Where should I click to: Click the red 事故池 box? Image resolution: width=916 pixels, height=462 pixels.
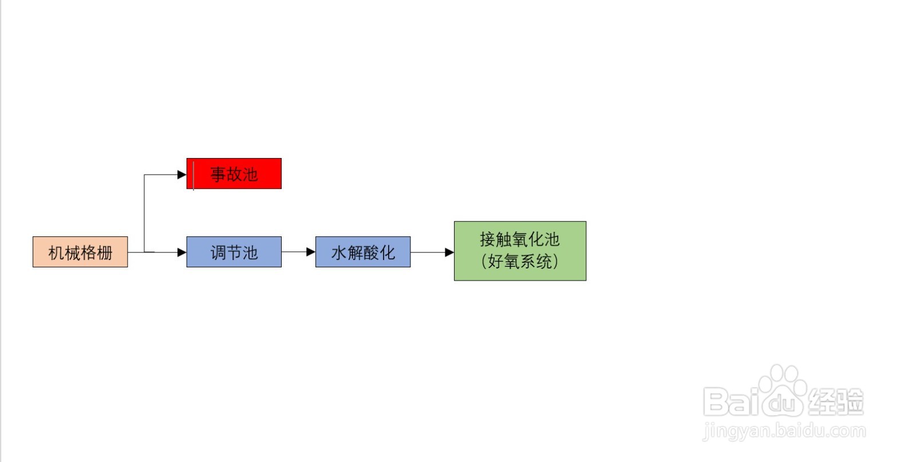pyautogui.click(x=234, y=174)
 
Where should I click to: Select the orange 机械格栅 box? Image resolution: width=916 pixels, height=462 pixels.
pyautogui.click(x=80, y=252)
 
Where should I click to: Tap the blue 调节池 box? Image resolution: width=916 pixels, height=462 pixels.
pyautogui.click(x=234, y=252)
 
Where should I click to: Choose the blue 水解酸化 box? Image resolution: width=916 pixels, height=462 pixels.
pyautogui.click(x=363, y=252)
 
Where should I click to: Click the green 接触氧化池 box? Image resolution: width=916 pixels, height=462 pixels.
pyautogui.click(x=520, y=251)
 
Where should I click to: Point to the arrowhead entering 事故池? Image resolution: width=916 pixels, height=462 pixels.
pyautogui.click(x=182, y=175)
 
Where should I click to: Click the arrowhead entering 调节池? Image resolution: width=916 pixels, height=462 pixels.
pyautogui.click(x=182, y=252)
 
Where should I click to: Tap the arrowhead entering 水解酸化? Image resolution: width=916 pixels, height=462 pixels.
pyautogui.click(x=311, y=252)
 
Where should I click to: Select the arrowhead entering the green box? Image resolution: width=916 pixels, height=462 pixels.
pyautogui.click(x=449, y=252)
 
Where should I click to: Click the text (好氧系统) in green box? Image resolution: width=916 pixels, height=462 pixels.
pyautogui.click(x=520, y=261)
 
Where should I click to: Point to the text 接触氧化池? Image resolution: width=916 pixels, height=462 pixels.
pyautogui.click(x=520, y=239)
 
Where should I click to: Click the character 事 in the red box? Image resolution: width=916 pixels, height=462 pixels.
pyautogui.click(x=218, y=174)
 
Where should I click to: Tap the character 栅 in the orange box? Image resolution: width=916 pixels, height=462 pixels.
pyautogui.click(x=104, y=252)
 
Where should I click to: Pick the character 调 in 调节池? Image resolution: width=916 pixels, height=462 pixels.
pyautogui.click(x=218, y=252)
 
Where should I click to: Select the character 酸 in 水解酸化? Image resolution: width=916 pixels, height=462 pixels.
pyautogui.click(x=371, y=252)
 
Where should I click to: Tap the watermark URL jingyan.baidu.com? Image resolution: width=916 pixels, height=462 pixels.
pyautogui.click(x=784, y=431)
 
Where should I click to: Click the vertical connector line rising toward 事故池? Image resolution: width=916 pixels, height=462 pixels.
pyautogui.click(x=144, y=214)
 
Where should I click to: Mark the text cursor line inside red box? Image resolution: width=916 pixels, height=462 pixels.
pyautogui.click(x=194, y=176)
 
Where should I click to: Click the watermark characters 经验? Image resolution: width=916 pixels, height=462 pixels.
pyautogui.click(x=836, y=401)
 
